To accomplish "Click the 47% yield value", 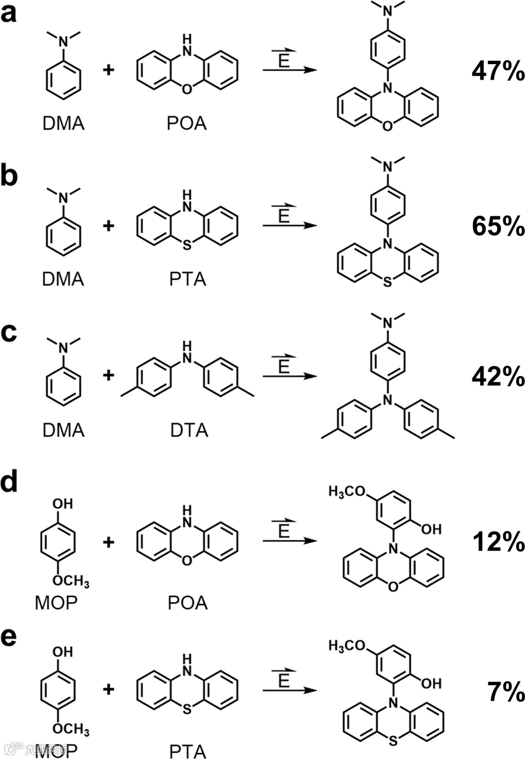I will point(498,72).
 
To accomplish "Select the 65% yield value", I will point(498,226).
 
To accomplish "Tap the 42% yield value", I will point(498,377).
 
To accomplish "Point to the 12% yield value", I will point(498,541).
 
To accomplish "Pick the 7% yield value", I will point(506,692).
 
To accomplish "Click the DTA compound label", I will point(189,430).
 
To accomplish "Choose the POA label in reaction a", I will point(187,123).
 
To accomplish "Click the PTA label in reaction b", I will point(188,279).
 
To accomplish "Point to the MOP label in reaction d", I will point(56,603).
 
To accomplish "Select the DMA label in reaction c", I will point(63,430).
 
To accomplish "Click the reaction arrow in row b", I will point(290,226).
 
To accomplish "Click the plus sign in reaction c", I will point(108,375).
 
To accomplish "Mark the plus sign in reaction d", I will point(108,541).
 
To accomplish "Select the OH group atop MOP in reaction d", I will point(63,504).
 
